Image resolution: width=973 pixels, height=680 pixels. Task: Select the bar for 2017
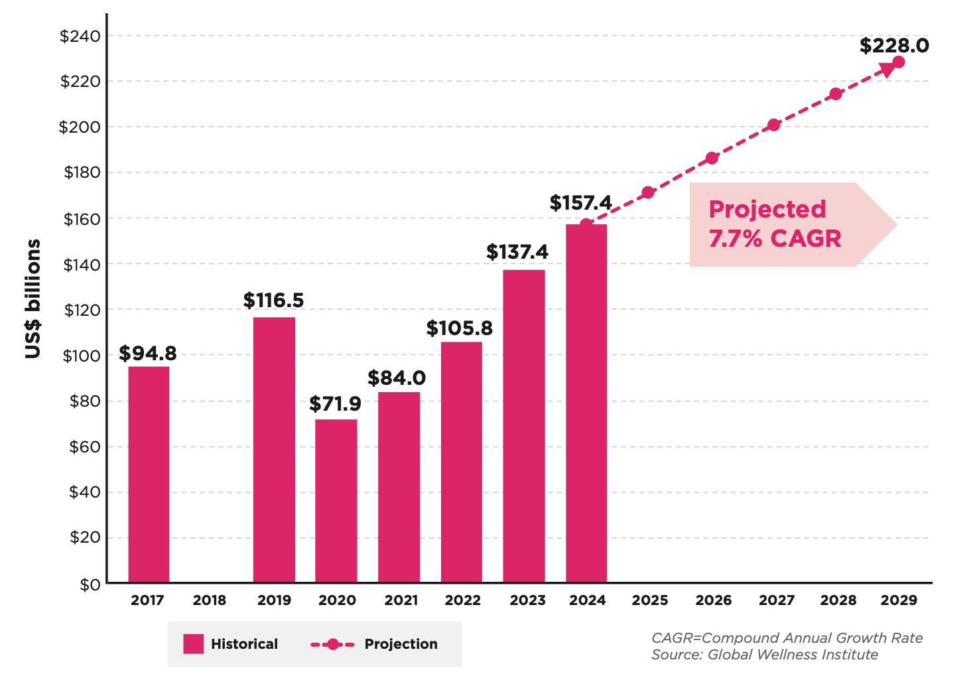(x=149, y=474)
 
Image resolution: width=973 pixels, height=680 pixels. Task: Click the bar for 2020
(x=336, y=501)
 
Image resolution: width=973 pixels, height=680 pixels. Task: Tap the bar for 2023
(x=524, y=426)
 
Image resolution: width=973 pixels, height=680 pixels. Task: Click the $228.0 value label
(x=894, y=46)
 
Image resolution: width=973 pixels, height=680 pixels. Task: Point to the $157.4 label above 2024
(x=580, y=202)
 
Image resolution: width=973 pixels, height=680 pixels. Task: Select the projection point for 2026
(x=712, y=158)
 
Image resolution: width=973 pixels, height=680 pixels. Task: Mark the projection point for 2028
(x=836, y=94)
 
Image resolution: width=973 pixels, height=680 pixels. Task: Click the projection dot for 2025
(x=648, y=192)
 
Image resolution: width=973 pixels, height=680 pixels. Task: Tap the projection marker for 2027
(x=773, y=125)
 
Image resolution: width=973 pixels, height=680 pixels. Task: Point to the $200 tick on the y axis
(x=80, y=127)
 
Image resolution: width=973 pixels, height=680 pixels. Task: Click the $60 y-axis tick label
(x=84, y=446)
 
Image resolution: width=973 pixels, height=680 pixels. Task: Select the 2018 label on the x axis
(x=210, y=600)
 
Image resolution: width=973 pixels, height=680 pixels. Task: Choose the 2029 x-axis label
(x=898, y=600)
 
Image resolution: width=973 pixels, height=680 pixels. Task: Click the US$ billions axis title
(x=33, y=299)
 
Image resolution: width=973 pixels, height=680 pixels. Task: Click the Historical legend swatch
(x=194, y=644)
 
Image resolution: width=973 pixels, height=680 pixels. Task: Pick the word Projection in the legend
(x=401, y=644)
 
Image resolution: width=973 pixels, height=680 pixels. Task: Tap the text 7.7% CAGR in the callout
(x=775, y=238)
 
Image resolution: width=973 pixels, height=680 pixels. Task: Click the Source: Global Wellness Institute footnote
(x=764, y=655)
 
